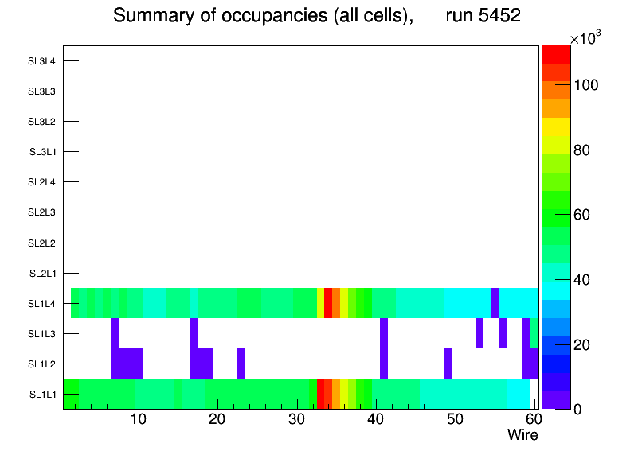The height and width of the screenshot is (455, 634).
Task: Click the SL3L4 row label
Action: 42,60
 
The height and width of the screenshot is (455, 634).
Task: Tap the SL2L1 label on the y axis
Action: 42,273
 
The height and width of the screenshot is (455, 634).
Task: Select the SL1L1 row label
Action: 42,394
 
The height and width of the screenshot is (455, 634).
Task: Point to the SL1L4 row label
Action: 42,303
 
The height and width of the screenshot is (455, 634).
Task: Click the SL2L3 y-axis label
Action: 42,212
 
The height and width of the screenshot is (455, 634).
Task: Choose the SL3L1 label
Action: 42,151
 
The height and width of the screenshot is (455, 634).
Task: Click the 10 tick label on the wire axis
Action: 139,419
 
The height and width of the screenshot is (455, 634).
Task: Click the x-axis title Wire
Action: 522,435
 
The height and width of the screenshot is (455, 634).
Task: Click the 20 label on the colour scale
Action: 586,344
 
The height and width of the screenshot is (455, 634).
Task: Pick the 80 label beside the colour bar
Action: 586,150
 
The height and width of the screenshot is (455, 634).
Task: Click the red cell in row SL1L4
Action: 328,303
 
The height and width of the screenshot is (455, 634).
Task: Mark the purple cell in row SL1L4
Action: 495,303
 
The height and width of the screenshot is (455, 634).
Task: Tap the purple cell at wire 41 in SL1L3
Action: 384,333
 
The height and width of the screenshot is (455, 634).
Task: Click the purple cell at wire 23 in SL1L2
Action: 241,364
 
